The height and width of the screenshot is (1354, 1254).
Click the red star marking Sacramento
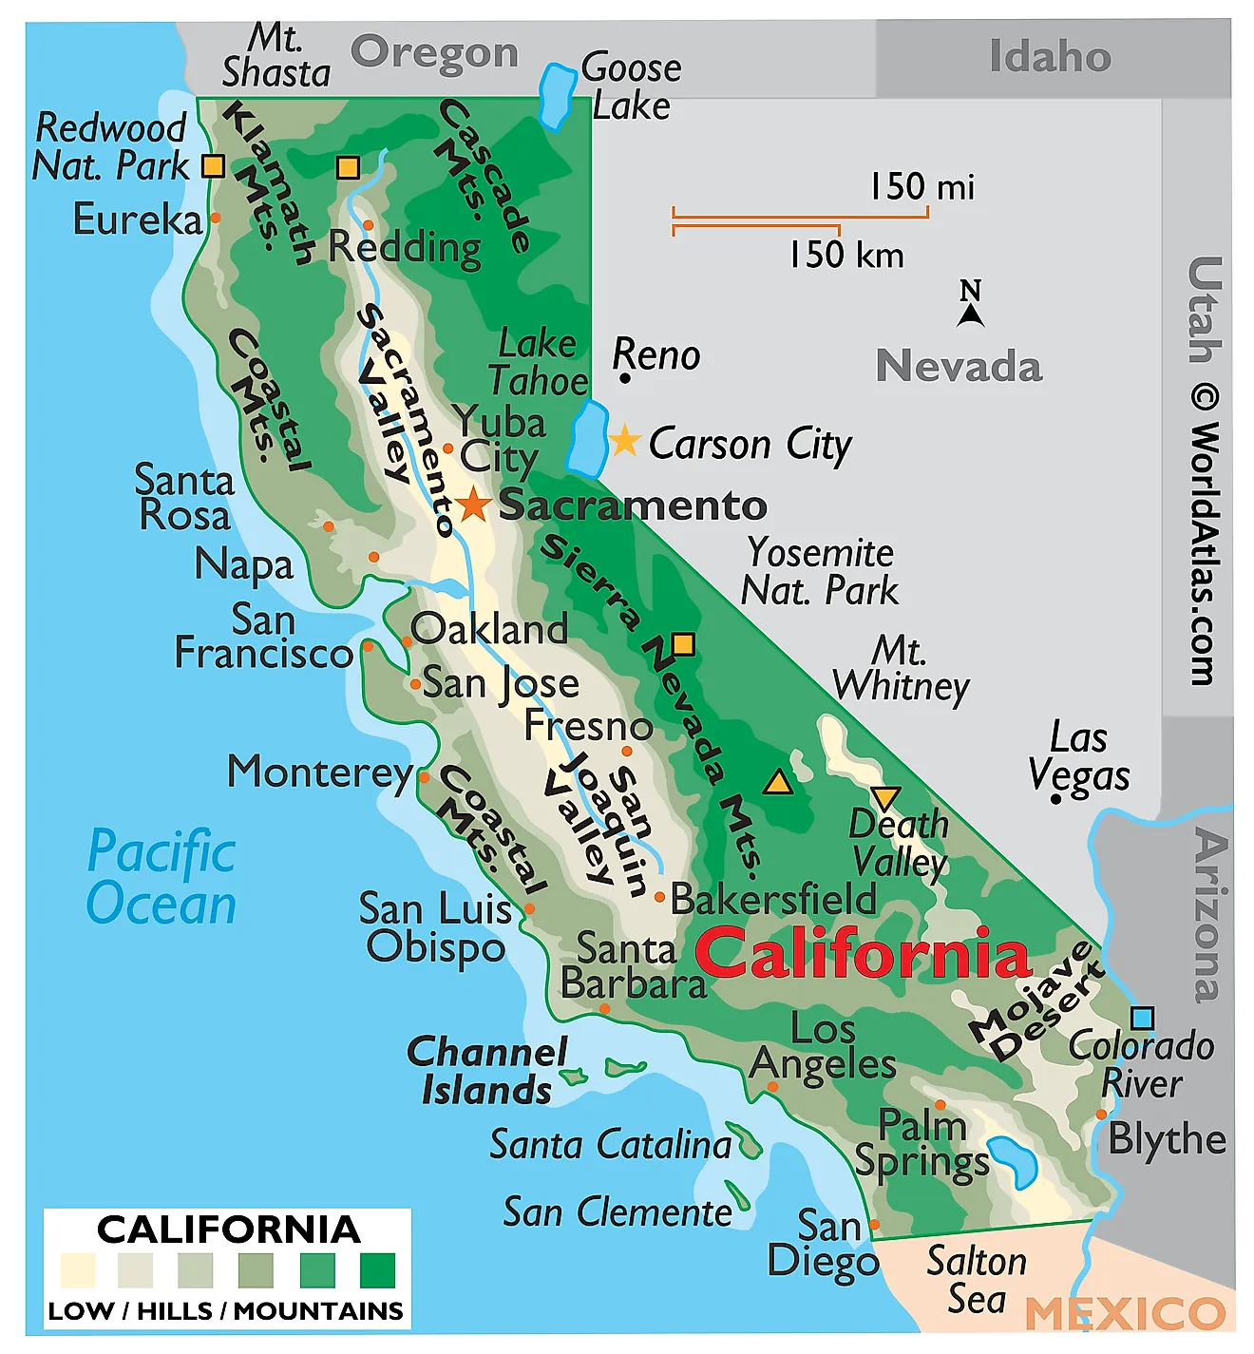(x=473, y=505)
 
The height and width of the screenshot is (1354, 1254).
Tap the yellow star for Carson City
(x=624, y=441)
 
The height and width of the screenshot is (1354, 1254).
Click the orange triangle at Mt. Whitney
(x=778, y=782)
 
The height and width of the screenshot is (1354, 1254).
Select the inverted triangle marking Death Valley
(x=884, y=797)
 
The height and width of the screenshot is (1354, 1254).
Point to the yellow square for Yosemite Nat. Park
(x=683, y=645)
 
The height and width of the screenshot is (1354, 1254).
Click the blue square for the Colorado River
(x=1142, y=1018)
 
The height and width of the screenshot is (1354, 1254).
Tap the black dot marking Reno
(x=624, y=378)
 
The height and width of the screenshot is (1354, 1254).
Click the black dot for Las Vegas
(x=1055, y=799)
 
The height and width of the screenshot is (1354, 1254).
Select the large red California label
(x=863, y=953)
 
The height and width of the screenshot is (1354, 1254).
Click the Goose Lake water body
(x=555, y=96)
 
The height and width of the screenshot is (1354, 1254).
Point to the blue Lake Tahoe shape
(x=588, y=438)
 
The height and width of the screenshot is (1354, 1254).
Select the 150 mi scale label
(x=922, y=187)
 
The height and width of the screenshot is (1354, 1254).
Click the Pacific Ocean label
(x=161, y=877)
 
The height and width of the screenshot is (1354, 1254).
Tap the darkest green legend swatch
(x=377, y=1269)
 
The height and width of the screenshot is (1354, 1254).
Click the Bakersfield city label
(x=773, y=899)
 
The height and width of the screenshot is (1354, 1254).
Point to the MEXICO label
(x=1125, y=1314)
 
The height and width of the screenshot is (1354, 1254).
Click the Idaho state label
(x=1050, y=57)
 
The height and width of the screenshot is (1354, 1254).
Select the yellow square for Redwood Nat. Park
(x=214, y=166)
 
